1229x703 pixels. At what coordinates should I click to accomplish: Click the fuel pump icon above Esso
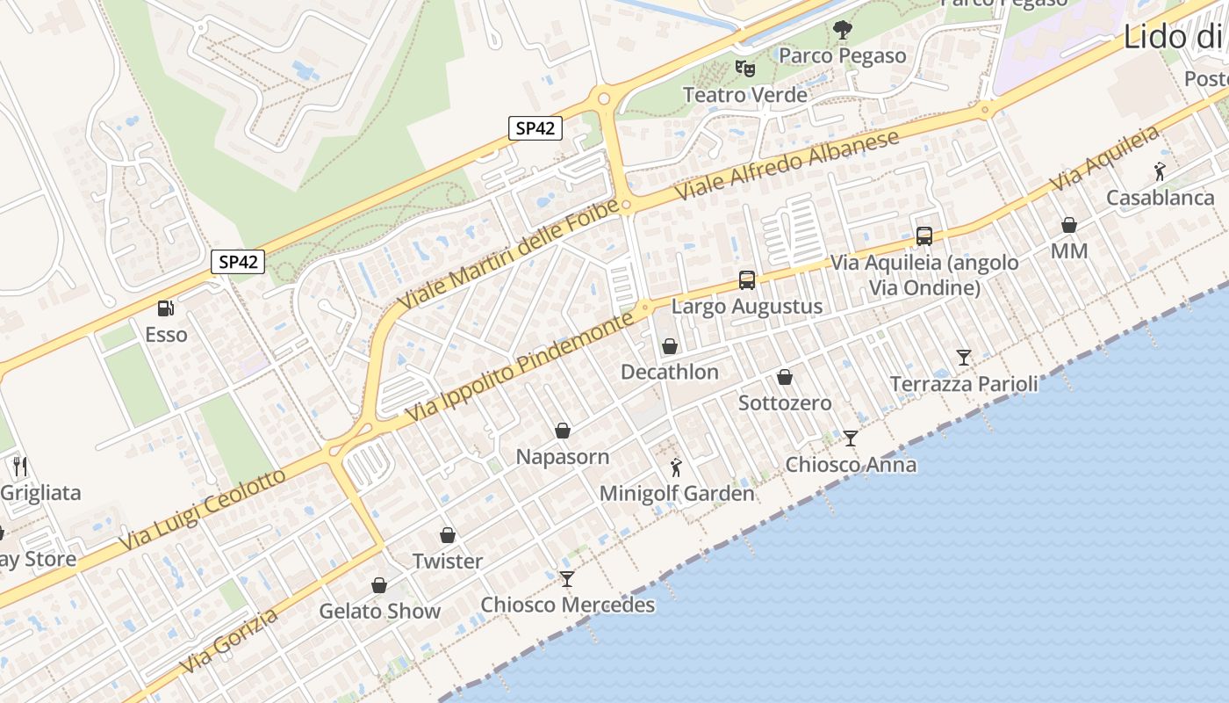tap(165, 308)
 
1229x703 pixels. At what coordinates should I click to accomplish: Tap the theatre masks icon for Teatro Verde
tap(744, 68)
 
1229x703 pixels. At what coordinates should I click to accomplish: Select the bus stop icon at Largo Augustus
tap(747, 280)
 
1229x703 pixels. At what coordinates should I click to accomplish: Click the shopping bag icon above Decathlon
tap(670, 346)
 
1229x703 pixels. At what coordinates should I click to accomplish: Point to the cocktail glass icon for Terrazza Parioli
tap(964, 358)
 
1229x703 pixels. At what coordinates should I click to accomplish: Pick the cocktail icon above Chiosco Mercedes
tap(567, 578)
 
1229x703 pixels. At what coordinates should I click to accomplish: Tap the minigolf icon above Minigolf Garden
tap(676, 467)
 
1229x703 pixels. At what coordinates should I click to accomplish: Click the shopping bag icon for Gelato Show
tap(379, 585)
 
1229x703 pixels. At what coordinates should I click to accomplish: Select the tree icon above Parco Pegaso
tap(843, 30)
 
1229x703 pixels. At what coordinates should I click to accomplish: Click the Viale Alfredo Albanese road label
tap(787, 165)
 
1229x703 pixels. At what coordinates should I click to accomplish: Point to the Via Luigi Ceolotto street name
tap(203, 511)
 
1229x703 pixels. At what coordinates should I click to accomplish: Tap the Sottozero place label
tap(785, 403)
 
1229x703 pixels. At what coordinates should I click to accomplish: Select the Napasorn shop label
tap(562, 457)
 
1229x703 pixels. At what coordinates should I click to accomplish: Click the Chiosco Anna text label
tap(851, 465)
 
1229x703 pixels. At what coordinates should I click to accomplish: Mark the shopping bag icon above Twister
tap(448, 535)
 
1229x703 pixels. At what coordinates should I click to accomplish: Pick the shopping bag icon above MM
tap(1069, 226)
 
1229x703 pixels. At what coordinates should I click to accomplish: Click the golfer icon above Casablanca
tap(1161, 171)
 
